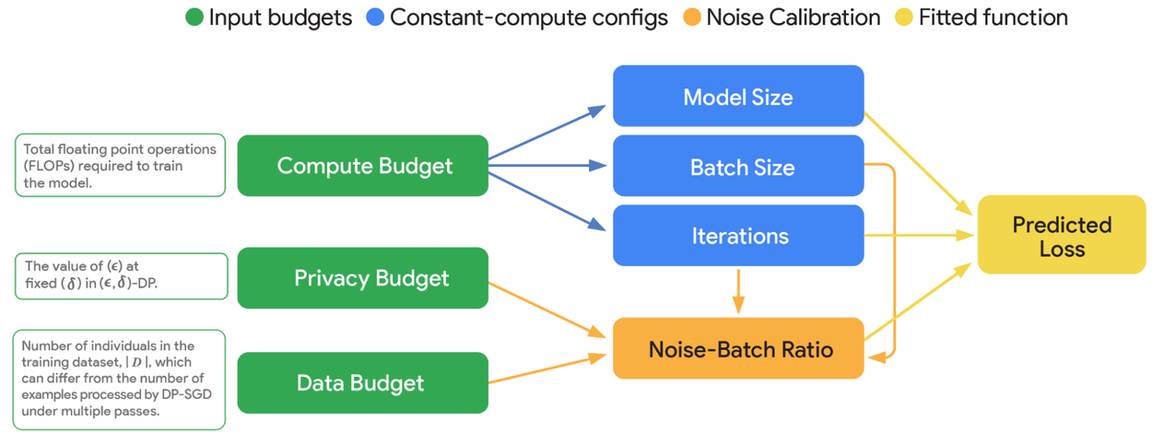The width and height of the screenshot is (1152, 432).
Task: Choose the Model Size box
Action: point(738,96)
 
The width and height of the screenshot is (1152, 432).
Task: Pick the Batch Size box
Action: point(738,167)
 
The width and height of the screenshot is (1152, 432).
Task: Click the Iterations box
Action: point(738,236)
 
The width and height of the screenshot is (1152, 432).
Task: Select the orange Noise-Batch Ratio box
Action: point(738,349)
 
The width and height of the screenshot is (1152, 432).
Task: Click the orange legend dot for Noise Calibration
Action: point(690,18)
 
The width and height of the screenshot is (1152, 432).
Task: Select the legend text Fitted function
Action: point(993,18)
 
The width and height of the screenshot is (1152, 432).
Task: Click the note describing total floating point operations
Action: point(120,166)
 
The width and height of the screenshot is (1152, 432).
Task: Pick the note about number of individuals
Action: point(120,379)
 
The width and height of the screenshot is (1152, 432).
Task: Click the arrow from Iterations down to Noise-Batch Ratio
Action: point(738,292)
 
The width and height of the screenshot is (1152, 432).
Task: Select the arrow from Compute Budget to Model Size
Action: point(544,134)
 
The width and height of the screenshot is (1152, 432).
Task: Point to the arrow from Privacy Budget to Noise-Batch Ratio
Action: point(544,307)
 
